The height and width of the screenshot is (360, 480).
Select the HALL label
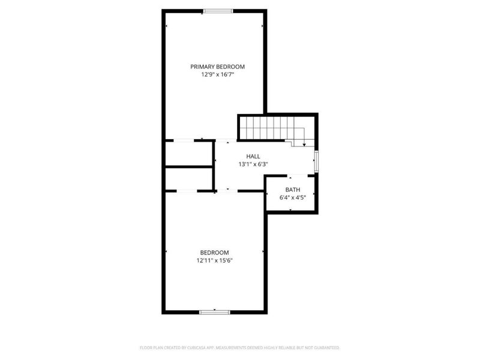pos(245,156)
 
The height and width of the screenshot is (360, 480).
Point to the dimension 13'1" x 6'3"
pos(245,164)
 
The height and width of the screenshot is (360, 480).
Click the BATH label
pos(292,190)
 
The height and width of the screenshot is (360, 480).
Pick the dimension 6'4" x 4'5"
pos(292,197)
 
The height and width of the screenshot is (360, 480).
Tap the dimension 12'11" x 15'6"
pos(214,260)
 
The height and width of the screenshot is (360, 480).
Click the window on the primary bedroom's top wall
pos(218,10)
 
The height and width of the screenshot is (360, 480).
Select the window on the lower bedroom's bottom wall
pos(214,312)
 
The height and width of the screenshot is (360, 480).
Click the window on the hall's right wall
pos(317,161)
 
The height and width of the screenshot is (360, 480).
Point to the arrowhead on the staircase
pos(304,144)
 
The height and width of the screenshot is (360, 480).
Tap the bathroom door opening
pos(290,176)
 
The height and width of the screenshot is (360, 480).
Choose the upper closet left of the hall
pos(189,154)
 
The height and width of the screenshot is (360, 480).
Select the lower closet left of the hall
pos(189,179)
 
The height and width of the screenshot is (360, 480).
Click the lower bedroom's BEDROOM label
pos(214,253)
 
